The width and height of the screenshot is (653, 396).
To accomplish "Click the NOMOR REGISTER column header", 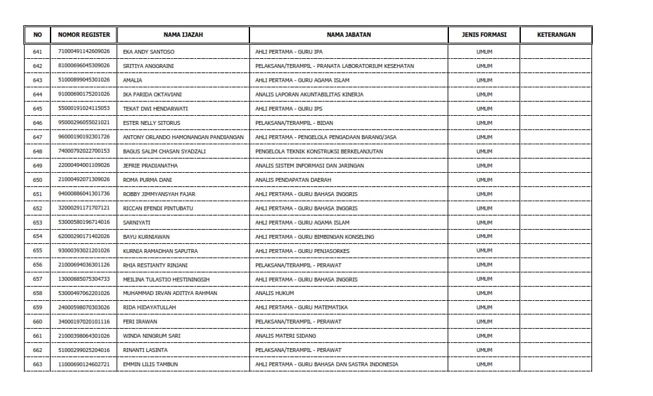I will coord(84,35).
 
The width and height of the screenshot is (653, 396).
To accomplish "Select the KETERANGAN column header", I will coord(556,35).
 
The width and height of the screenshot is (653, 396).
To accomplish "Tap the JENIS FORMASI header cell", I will coord(484,35).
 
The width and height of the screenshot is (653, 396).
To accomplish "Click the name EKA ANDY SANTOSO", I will coord(148,52).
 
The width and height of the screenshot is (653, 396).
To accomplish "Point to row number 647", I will coord(37,137).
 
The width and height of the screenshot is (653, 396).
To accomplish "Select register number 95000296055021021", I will coord(84,123).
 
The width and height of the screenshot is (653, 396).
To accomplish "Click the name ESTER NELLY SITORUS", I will coord(152,123).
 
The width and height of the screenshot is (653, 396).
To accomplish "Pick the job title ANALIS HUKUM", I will coord(275,293).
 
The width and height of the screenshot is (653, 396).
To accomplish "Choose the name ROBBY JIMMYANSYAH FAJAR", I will coord(159,194).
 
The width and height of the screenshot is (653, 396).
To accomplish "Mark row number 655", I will coord(37,250).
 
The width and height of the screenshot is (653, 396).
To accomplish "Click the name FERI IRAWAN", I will coord(140,322).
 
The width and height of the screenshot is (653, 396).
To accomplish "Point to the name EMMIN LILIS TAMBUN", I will coord(150,364).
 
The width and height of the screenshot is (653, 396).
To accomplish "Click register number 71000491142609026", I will coord(84,52).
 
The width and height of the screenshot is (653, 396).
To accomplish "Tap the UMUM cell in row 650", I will coord(484,180).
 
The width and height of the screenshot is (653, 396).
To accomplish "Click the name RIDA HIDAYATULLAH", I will coord(149,307).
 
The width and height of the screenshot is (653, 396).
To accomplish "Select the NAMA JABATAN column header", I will coord(349,35).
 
